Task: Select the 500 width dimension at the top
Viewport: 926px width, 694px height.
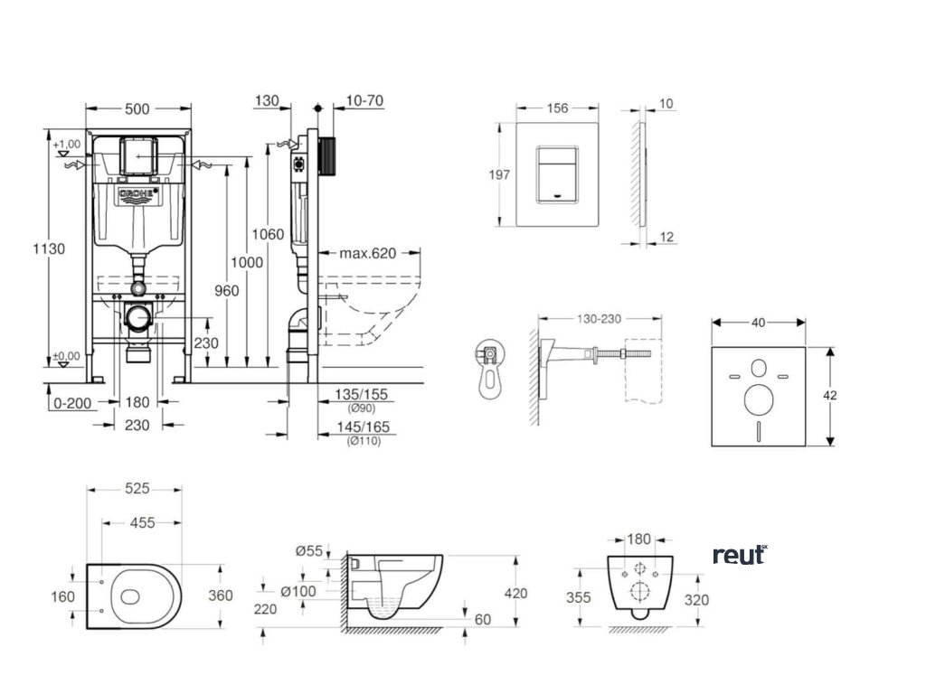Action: [x=137, y=109]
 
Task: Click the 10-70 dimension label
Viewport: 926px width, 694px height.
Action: [x=364, y=102]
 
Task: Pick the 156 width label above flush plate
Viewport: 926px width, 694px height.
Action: [x=558, y=108]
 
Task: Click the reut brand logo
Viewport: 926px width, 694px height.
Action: [x=740, y=554]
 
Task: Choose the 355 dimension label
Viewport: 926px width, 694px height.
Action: [x=579, y=597]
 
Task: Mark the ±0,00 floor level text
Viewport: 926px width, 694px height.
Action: [x=66, y=356]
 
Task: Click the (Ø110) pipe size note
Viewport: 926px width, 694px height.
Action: [x=363, y=441]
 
